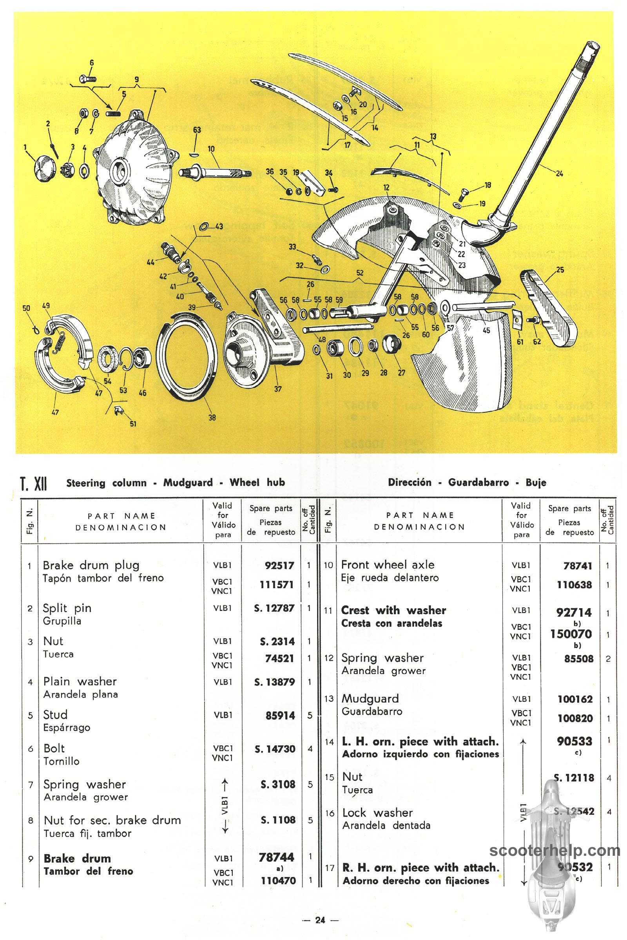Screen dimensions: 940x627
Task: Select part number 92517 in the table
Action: [x=279, y=566]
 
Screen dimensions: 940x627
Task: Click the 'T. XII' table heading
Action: [x=34, y=483]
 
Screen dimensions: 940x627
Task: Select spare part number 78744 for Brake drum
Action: [x=276, y=857]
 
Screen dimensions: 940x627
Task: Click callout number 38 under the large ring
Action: [x=212, y=417]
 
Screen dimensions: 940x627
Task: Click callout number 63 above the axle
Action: [x=197, y=130]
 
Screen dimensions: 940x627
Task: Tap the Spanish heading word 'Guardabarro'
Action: [x=478, y=483]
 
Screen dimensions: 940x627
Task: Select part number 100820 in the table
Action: [x=574, y=718]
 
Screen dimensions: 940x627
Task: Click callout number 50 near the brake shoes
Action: [x=26, y=308]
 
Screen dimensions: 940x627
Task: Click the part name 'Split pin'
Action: [x=67, y=608]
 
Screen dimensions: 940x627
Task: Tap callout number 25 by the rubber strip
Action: [x=560, y=270]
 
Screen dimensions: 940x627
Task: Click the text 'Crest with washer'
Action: [x=393, y=610]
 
